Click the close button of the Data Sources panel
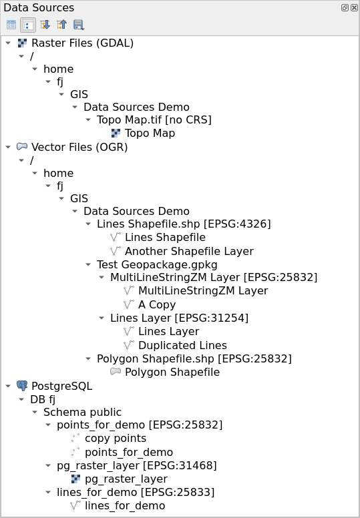pos(354,7)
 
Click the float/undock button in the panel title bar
pos(345,7)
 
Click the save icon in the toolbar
pos(79,25)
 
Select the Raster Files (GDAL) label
pos(82,43)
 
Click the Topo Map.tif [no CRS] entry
pos(154,119)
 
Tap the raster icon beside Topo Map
pos(116,133)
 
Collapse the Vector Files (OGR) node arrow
pos(8,147)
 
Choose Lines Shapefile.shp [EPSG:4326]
pos(184,224)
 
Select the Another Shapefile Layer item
pos(189,251)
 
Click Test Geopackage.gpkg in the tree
pos(157,264)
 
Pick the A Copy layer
pos(157,304)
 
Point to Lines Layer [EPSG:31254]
pos(179,318)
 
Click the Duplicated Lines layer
pos(182,345)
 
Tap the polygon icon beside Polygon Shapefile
pos(116,372)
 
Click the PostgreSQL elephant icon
pos(22,386)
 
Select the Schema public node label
pos(82,412)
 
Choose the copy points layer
pos(116,439)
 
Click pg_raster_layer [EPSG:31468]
pos(137,465)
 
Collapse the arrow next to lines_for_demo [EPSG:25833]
pos(48,492)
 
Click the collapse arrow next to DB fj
pos(21,399)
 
